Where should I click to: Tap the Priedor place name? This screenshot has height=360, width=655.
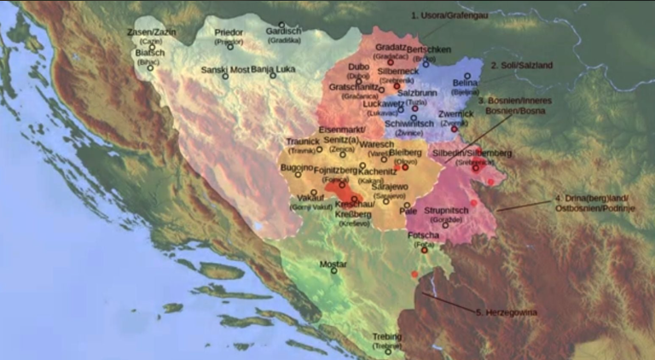[229, 32]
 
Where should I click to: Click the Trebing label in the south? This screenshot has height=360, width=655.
[386, 337]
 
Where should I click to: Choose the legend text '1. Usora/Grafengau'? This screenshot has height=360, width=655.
[451, 15]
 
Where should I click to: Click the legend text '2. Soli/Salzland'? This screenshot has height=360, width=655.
[522, 65]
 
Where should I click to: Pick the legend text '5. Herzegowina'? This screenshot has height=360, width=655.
[507, 312]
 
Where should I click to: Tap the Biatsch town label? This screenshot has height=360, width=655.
[150, 51]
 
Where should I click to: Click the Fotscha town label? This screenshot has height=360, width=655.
[424, 235]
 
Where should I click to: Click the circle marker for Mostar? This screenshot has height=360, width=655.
[333, 271]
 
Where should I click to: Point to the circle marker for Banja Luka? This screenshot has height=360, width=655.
[273, 75]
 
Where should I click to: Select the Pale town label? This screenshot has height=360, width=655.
[409, 208]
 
